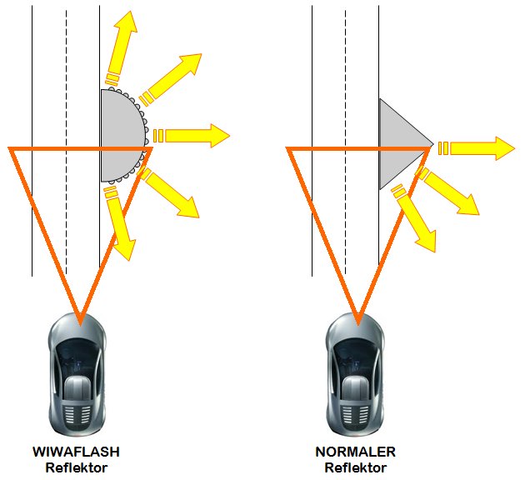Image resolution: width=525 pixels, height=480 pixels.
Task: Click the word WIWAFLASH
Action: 76,452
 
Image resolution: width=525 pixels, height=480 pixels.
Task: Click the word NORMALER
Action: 355,452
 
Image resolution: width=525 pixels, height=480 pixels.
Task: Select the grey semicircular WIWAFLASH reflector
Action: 120,135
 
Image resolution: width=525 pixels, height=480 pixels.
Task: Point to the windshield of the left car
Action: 77,351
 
